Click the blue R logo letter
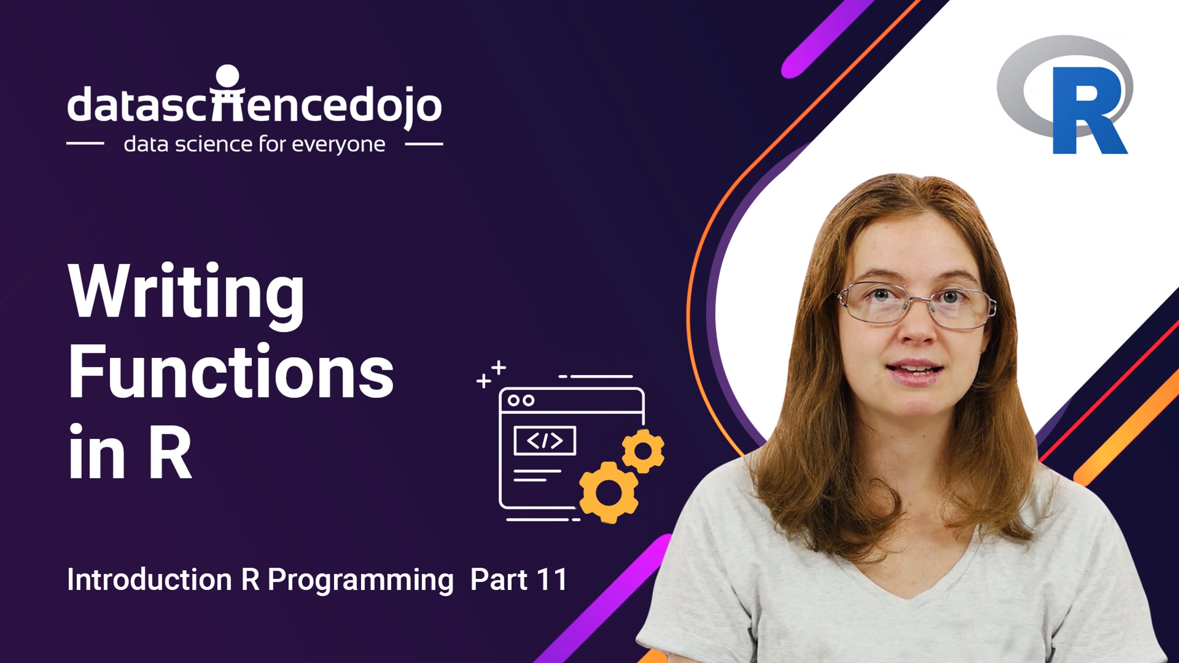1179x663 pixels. [1088, 110]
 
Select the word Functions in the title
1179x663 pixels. [231, 372]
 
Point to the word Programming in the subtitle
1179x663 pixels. [361, 581]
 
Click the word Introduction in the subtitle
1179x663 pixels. [149, 579]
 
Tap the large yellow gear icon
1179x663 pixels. [609, 493]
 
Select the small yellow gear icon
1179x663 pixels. [643, 451]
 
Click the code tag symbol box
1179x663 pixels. [545, 441]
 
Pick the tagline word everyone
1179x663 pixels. [338, 145]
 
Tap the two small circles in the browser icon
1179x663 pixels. [521, 401]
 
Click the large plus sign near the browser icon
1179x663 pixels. [499, 367]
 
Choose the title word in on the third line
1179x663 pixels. [96, 451]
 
